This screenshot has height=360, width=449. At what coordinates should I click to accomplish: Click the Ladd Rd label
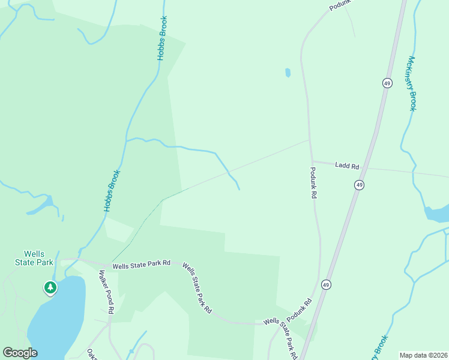pyautogui.click(x=347, y=166)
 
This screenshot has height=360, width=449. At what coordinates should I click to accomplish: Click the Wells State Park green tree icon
pyautogui.click(x=50, y=288)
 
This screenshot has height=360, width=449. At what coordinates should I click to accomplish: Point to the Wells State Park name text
pyautogui.click(x=34, y=258)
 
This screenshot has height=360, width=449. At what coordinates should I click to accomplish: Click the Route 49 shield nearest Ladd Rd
pyautogui.click(x=358, y=185)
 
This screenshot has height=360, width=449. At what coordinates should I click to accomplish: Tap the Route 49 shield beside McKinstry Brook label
pyautogui.click(x=387, y=83)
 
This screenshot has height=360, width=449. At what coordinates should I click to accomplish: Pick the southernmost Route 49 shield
pyautogui.click(x=326, y=284)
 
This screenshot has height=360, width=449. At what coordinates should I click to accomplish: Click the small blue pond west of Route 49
pyautogui.click(x=288, y=73)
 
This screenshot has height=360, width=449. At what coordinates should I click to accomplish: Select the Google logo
pyautogui.click(x=20, y=353)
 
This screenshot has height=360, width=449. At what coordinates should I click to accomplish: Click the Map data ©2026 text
pyautogui.click(x=423, y=355)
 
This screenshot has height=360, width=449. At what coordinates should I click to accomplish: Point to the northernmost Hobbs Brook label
pyautogui.click(x=163, y=37)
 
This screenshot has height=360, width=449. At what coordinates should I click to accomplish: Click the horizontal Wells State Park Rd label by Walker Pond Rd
pyautogui.click(x=142, y=263)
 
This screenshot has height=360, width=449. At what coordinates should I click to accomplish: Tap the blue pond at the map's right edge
pyautogui.click(x=438, y=213)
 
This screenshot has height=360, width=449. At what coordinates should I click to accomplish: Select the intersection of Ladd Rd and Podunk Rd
pyautogui.click(x=310, y=161)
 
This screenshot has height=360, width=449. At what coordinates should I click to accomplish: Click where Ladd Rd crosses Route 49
pyautogui.click(x=366, y=168)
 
